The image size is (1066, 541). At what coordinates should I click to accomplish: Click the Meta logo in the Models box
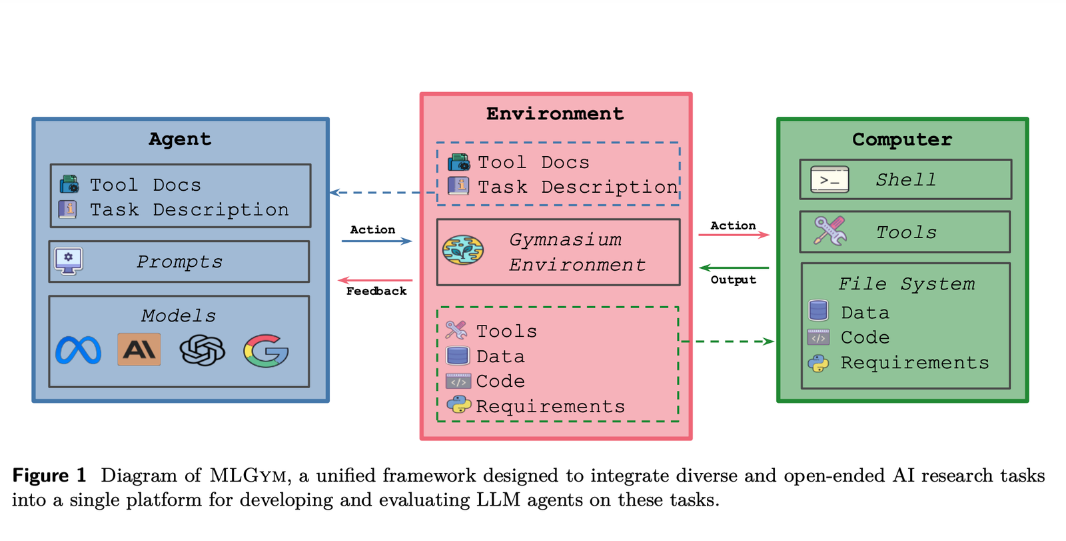tap(78, 350)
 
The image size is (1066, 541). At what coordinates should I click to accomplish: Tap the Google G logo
tap(266, 351)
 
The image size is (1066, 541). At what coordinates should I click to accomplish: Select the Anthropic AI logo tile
tap(139, 350)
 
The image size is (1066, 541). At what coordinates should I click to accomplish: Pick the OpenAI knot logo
tap(202, 350)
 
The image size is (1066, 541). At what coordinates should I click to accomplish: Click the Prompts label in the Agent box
tap(179, 262)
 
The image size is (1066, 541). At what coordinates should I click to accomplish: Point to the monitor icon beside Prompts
tap(69, 261)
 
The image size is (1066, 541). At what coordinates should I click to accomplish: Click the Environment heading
tap(555, 114)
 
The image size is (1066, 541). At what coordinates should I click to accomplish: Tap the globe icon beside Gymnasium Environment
tap(463, 251)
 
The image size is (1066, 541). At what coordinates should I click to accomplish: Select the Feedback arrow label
tap(376, 292)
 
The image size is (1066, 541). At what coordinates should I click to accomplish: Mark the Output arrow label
tap(733, 280)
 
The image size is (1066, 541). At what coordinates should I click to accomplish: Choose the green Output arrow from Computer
tap(734, 268)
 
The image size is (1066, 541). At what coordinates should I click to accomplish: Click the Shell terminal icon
tap(829, 179)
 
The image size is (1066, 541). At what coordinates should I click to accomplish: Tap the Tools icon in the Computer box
tap(829, 231)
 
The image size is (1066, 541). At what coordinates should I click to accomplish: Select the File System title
tap(906, 284)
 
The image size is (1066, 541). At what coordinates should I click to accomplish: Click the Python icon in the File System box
tap(818, 364)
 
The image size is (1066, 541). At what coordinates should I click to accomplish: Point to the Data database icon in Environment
tap(458, 356)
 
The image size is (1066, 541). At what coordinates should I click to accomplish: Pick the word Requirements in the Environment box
tap(550, 406)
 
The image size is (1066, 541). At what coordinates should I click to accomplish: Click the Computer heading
tap(902, 139)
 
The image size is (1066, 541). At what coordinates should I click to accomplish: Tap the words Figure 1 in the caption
tap(50, 476)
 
